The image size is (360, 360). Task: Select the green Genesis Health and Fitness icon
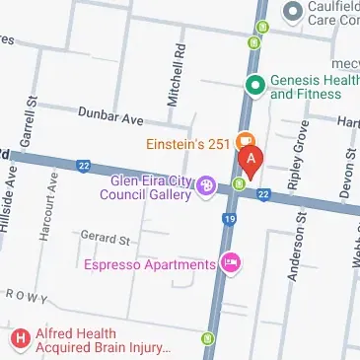point(255,85)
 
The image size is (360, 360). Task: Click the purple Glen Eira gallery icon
point(206,184)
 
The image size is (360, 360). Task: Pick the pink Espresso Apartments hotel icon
point(231,263)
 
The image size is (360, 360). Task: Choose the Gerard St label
point(106,240)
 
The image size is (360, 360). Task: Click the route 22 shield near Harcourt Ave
point(84,165)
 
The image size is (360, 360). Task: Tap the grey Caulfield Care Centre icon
point(292,12)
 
